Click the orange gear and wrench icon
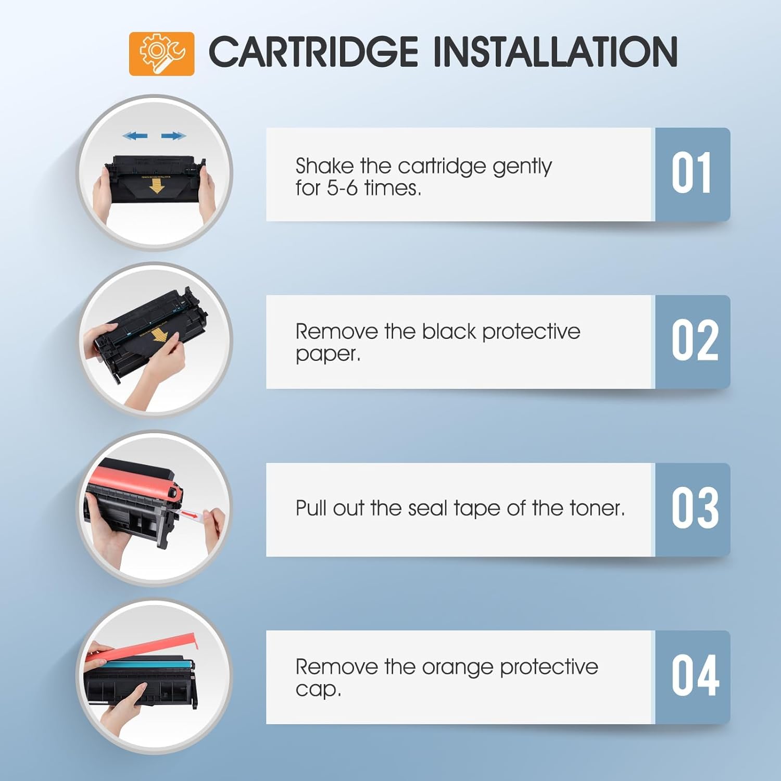161,54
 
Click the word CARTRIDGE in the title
313,52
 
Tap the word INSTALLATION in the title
555,52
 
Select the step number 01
691,174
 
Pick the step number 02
695,342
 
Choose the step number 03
695,509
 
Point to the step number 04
695,676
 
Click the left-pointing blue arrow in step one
135,136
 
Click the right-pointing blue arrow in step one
173,136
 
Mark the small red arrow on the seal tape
193,515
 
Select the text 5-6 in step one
343,188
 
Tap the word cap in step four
318,690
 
